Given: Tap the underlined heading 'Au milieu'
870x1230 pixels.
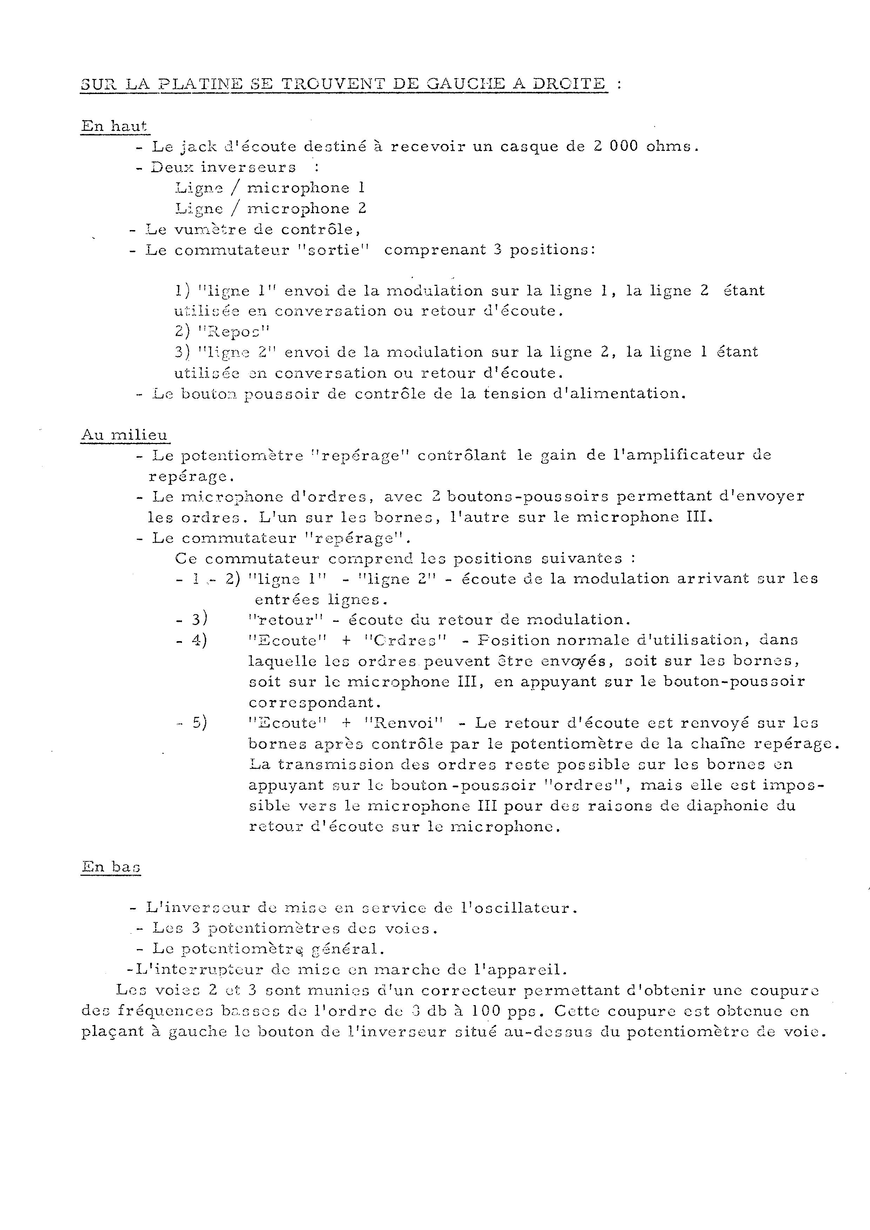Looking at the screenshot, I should (x=124, y=435).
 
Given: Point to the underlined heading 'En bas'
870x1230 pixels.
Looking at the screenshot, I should (x=111, y=866).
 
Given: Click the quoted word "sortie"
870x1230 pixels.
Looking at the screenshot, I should (x=334, y=250).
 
